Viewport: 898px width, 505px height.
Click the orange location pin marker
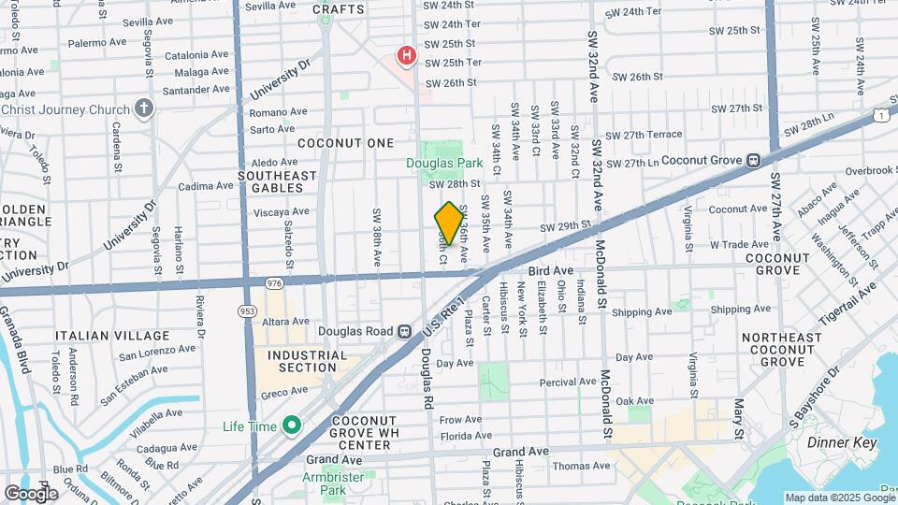[x=449, y=224]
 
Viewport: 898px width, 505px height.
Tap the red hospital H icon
[x=406, y=56]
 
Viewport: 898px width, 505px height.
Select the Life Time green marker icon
[x=292, y=426]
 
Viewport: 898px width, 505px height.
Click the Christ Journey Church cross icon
[x=142, y=109]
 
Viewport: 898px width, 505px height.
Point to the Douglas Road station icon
[x=404, y=330]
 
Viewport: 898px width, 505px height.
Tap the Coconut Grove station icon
[x=752, y=160]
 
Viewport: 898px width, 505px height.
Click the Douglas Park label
[x=442, y=163]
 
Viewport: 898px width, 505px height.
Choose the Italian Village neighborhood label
[x=112, y=336]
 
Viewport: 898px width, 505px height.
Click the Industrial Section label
[x=308, y=361]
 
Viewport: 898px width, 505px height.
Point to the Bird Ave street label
[x=550, y=270]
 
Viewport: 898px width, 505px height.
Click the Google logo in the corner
[x=31, y=493]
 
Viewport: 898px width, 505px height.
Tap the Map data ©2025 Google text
[x=839, y=498]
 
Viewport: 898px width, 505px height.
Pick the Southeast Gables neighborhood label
[x=277, y=182]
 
